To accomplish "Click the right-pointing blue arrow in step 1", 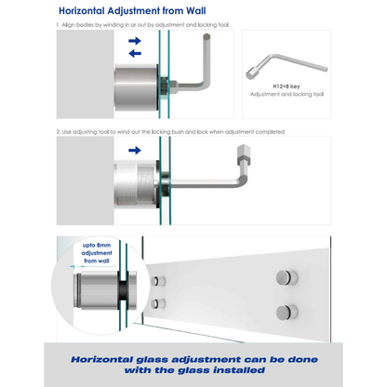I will point(134,41).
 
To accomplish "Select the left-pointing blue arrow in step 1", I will point(134,53).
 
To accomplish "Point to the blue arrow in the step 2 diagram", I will point(134,149).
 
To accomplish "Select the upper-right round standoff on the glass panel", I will point(280,277).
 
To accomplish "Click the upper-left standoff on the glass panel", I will point(165,281).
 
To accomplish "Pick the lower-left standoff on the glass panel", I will point(165,303).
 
